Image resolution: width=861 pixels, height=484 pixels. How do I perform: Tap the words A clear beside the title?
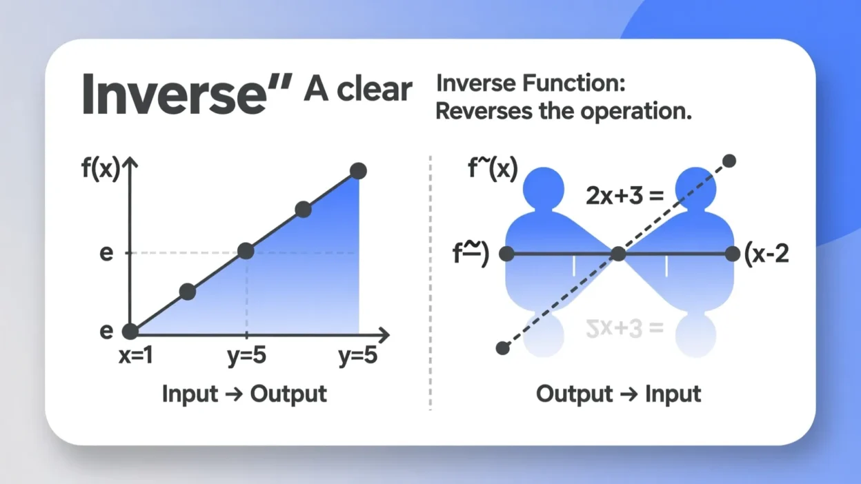click(x=357, y=90)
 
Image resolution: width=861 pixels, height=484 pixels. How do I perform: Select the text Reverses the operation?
click(x=563, y=112)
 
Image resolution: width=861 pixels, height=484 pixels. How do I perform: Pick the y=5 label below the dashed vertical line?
click(x=246, y=356)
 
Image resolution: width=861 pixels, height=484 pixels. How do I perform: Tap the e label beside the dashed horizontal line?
click(x=106, y=253)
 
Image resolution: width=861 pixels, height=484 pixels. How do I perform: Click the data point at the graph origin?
click(x=130, y=332)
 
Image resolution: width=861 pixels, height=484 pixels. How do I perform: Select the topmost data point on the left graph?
click(x=357, y=171)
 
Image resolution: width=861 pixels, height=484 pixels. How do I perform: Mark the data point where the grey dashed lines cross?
click(x=246, y=251)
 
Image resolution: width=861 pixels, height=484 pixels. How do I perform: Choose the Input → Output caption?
click(x=244, y=394)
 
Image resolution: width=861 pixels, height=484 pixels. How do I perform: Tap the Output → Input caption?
click(x=618, y=394)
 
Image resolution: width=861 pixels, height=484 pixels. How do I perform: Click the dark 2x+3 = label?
click(x=624, y=196)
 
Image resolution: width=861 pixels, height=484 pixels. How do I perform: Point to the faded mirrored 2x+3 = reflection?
click(x=624, y=328)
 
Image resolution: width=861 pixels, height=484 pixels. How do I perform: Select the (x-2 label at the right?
click(x=766, y=254)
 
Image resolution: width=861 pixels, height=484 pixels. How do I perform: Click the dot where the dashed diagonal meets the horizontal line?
click(x=619, y=254)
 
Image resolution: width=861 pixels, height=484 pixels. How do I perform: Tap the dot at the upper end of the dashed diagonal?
click(x=729, y=161)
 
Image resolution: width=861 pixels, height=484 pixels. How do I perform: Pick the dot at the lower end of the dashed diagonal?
click(x=503, y=348)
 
